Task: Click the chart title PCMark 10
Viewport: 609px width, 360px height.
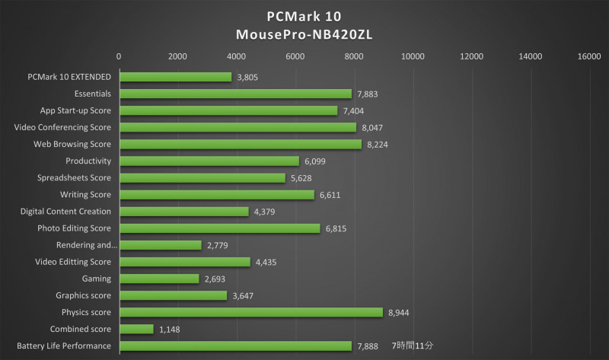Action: point(304,16)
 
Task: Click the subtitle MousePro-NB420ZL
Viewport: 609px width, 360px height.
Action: point(304,34)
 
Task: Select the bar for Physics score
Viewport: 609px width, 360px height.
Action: point(250,312)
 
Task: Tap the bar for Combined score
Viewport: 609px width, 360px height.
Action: point(136,329)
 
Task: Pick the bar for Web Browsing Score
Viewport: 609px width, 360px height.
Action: point(240,144)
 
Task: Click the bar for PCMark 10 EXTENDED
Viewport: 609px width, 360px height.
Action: point(175,77)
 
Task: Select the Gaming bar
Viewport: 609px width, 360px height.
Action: point(158,279)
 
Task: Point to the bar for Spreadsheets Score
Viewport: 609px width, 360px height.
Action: point(202,177)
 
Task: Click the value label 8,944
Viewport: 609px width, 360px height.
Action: point(400,312)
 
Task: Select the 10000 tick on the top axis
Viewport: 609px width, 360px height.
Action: point(413,56)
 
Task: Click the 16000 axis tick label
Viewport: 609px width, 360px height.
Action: point(588,56)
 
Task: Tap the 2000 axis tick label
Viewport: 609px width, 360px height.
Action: point(177,56)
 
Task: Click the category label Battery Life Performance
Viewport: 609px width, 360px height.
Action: point(64,346)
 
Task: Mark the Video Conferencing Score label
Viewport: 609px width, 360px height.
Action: point(63,127)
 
